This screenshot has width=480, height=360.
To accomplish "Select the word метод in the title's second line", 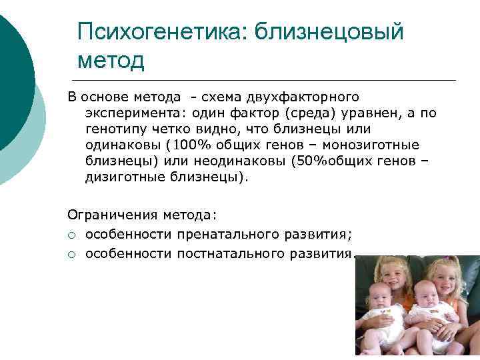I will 111,61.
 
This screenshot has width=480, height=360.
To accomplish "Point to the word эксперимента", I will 127,113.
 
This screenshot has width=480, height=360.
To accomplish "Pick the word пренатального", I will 217,234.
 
